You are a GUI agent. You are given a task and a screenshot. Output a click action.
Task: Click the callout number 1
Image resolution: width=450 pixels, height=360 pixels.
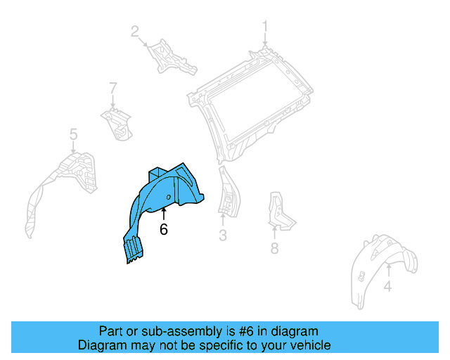click(x=266, y=27)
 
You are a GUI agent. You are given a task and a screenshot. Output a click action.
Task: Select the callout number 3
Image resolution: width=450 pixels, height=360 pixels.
click(x=223, y=236)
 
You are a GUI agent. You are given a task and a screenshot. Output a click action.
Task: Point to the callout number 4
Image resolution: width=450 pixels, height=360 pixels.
click(x=387, y=286)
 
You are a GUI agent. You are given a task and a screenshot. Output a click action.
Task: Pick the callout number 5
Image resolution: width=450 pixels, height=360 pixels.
click(x=73, y=134)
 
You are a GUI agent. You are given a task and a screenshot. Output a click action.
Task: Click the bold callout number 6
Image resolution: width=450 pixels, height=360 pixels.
click(x=164, y=229)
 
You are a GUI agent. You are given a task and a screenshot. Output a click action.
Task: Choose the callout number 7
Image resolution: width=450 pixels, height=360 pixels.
click(x=112, y=88)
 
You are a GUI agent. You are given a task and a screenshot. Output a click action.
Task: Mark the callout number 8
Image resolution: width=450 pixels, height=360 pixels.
click(x=275, y=247)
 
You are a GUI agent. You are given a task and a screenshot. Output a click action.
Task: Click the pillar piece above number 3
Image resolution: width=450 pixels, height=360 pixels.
click(x=227, y=190)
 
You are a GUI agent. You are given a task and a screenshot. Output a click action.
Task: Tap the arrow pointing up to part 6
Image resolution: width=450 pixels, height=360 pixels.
click(x=164, y=212)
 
